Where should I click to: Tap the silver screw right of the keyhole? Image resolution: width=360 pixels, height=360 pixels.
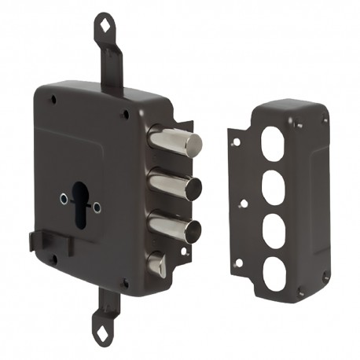pyautogui.click(x=97, y=207)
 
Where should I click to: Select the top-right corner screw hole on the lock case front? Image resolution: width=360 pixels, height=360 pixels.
pyautogui.click(x=125, y=115)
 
